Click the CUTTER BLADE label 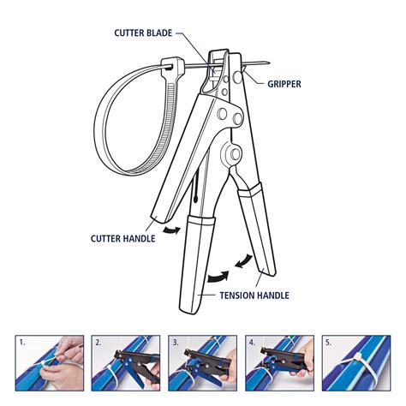tap(142, 33)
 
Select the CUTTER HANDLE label tap(122, 239)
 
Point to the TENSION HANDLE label tap(254, 296)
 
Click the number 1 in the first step tap(23, 342)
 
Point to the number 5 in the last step tap(329, 342)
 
